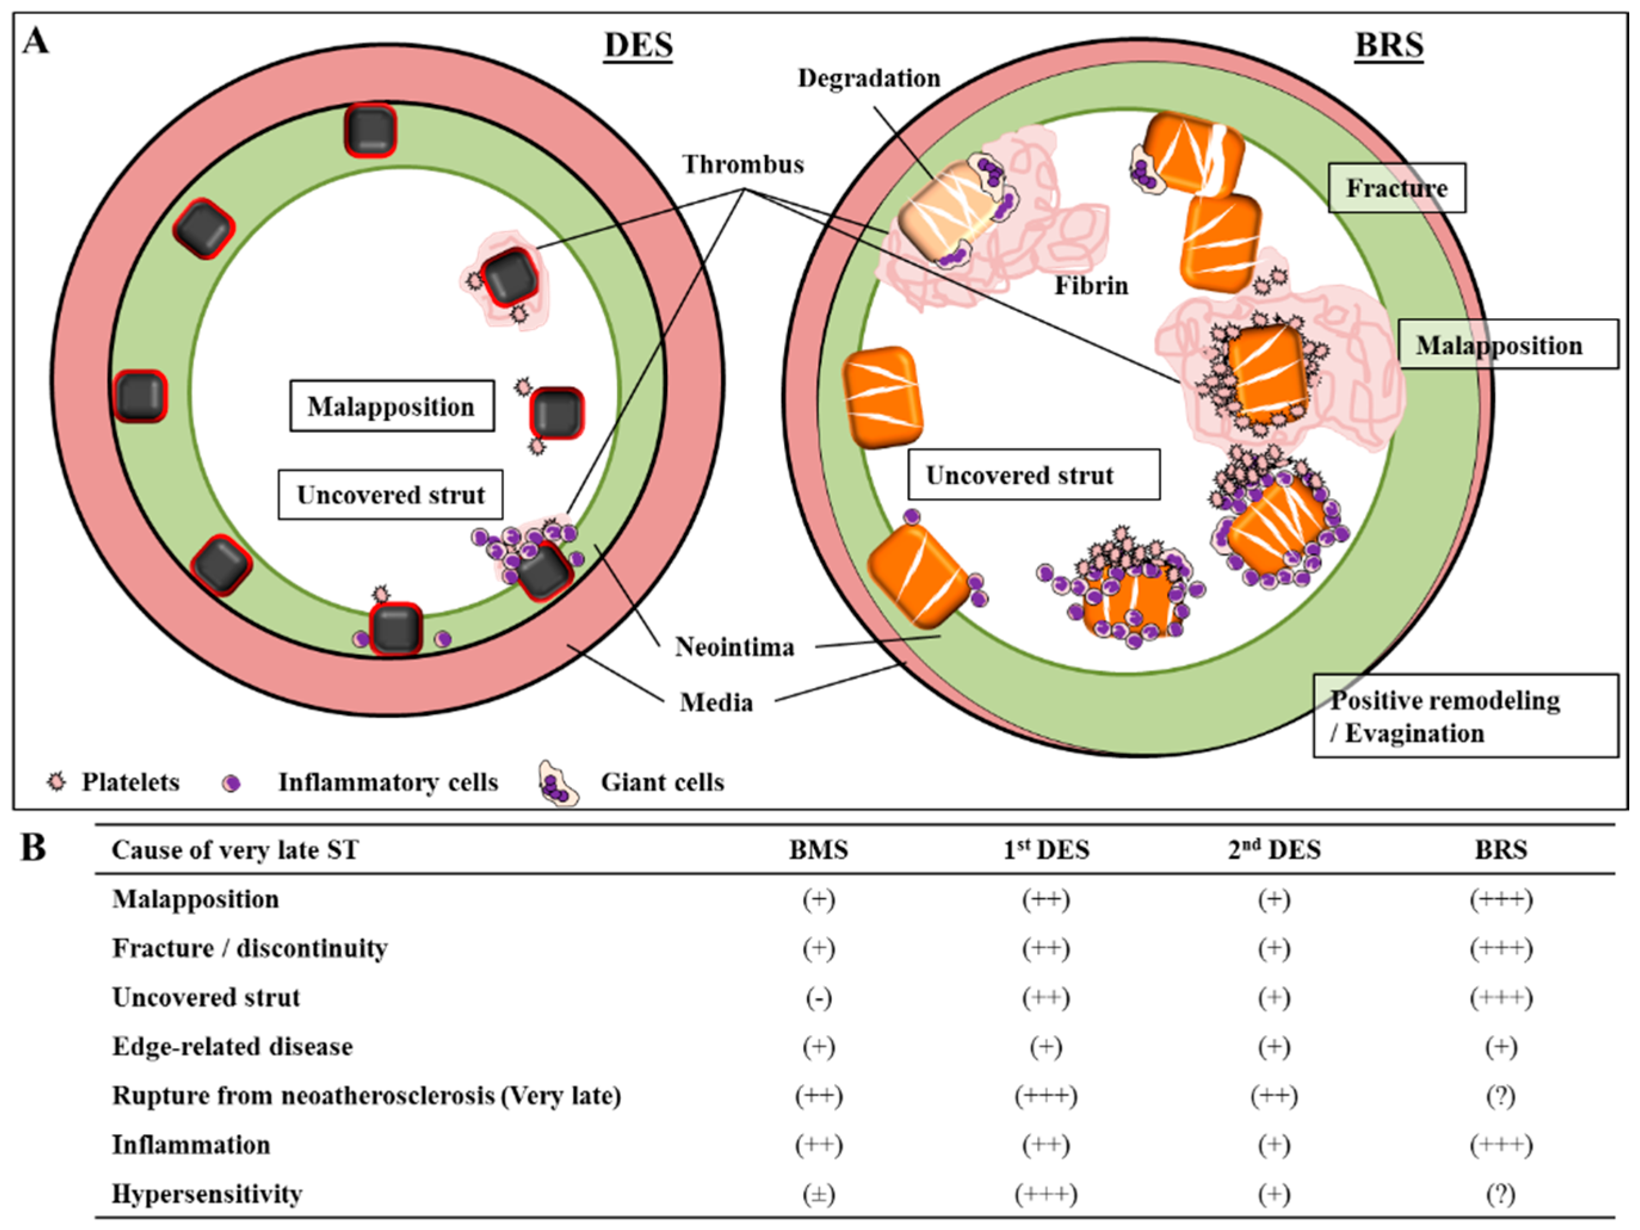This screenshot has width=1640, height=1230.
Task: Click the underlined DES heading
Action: (638, 46)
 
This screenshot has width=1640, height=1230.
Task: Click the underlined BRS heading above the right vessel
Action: (1389, 46)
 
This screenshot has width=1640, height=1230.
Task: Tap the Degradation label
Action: (868, 79)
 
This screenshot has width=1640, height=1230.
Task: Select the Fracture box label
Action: (1396, 188)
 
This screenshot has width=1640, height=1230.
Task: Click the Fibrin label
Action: (1091, 286)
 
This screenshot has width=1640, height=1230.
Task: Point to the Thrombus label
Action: (743, 164)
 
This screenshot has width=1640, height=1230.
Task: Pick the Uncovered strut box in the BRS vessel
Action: (1033, 475)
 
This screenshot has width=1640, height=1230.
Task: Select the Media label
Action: (716, 703)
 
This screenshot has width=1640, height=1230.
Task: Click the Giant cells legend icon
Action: (559, 783)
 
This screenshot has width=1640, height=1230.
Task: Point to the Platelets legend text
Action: (131, 782)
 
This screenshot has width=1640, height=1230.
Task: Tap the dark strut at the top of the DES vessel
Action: (370, 131)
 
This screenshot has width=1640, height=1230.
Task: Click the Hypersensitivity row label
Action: (207, 1194)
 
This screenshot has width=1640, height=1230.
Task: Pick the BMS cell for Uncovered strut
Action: (819, 998)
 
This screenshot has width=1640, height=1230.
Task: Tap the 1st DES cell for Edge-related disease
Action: (1045, 1047)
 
